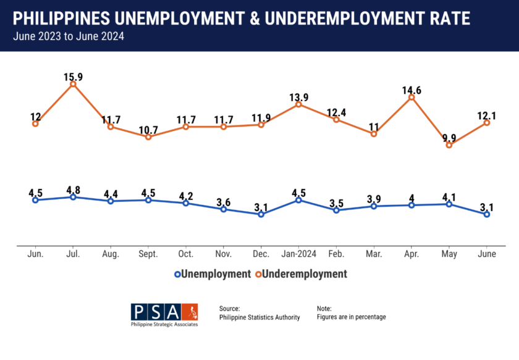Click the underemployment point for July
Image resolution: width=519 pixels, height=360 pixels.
point(73,84)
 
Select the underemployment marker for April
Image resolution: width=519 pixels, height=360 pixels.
point(411,97)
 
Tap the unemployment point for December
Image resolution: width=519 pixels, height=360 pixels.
point(261,214)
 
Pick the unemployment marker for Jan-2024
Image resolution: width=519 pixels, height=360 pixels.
point(298,199)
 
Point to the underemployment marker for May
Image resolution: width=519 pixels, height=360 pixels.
point(449,145)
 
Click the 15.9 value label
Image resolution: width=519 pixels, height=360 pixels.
point(73,77)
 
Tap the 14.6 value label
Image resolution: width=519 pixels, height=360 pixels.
point(411,90)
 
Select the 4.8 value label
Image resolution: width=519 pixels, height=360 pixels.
point(73,190)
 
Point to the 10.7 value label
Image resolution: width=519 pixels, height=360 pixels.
point(148,130)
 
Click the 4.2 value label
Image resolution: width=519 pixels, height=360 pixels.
point(186,196)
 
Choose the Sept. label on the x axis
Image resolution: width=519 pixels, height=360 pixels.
point(148,254)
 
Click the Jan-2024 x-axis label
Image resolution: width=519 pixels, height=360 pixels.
point(298,254)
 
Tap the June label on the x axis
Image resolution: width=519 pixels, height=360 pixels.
point(487,254)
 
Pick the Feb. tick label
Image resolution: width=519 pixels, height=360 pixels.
point(336,254)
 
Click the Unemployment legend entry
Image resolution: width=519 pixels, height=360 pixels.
point(213,274)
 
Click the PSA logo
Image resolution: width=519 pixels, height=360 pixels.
point(164,314)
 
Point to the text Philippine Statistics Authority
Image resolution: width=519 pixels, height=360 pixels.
point(259,317)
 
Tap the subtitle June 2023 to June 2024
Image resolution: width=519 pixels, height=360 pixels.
point(68,36)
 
